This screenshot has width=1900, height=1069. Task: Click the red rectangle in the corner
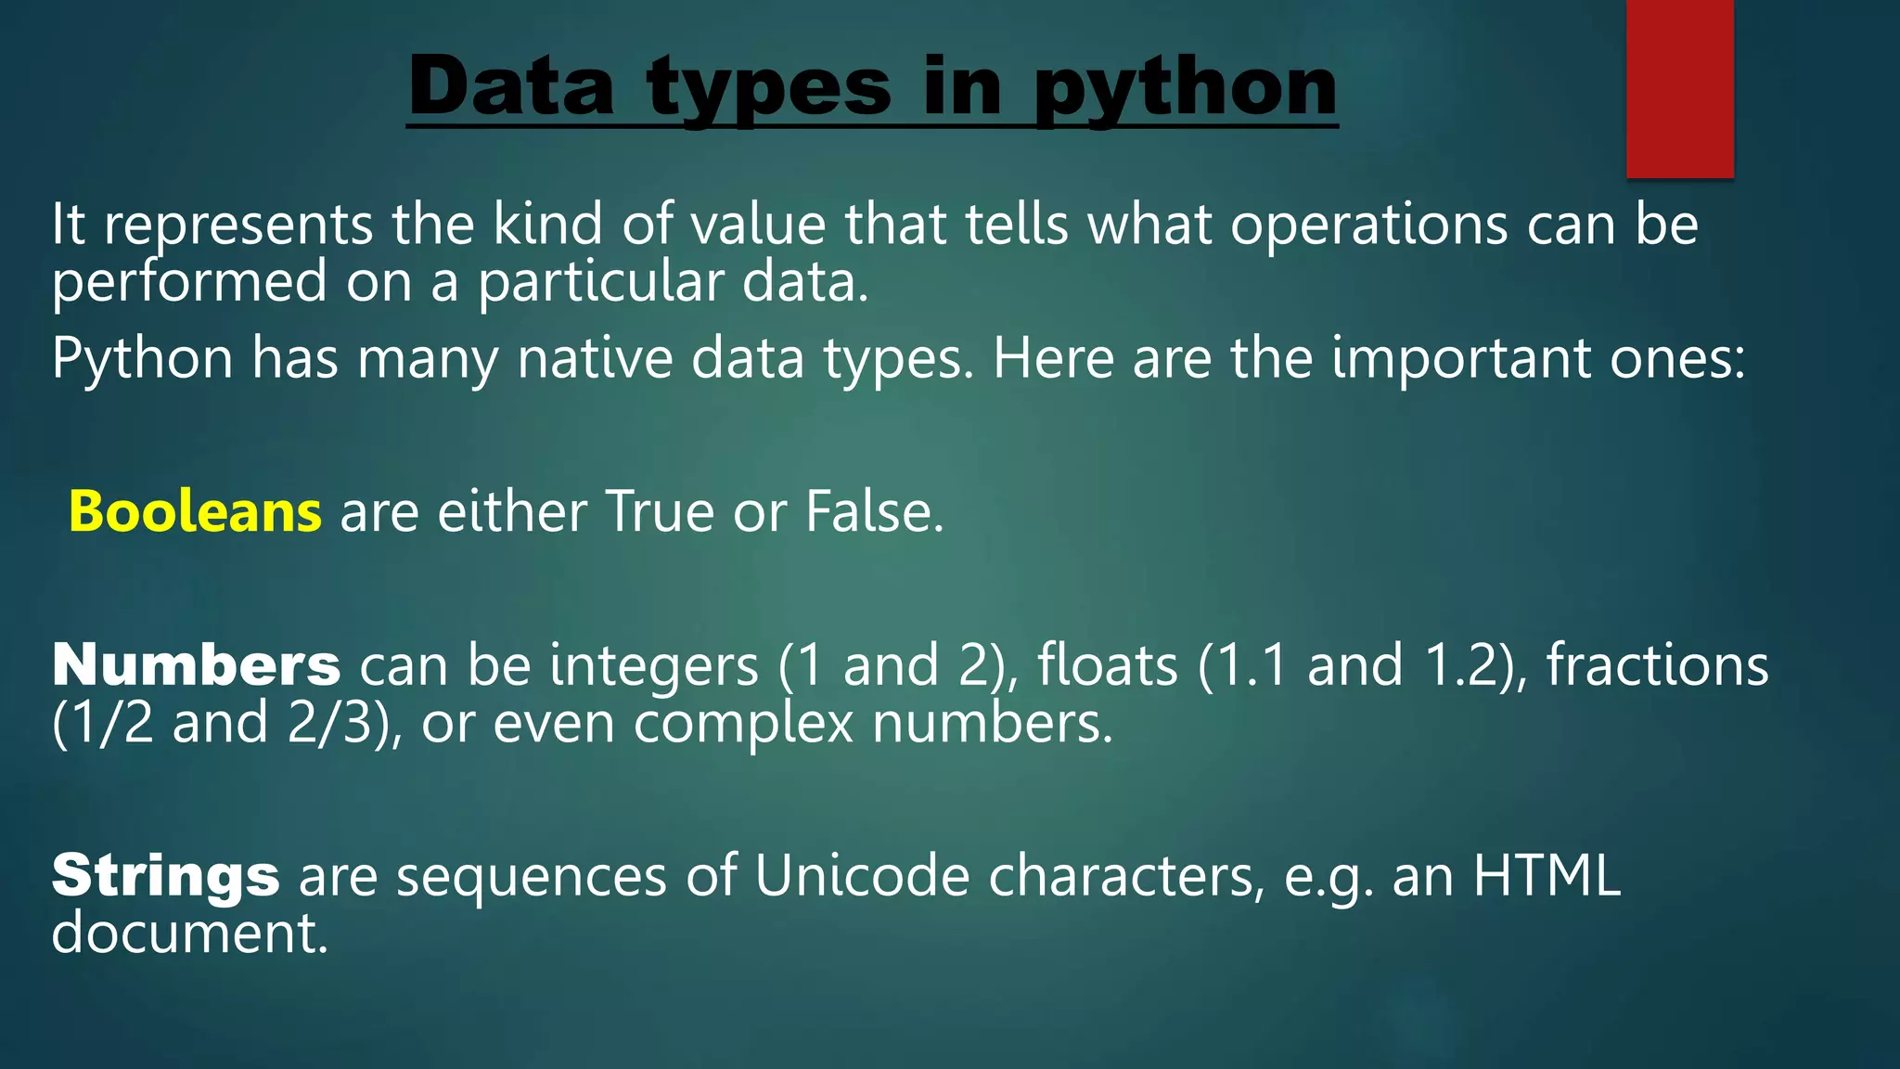point(1679,88)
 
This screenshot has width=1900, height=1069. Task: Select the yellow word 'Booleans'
point(195,511)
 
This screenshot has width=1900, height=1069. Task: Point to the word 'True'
point(660,511)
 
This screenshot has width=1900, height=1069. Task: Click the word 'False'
point(874,511)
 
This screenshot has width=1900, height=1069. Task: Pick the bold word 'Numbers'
point(197,665)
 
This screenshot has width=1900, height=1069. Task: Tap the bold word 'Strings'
point(165,875)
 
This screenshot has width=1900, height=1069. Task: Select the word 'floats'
point(1107,665)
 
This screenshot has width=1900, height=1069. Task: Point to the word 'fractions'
point(1657,665)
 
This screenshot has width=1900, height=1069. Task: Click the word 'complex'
point(743,723)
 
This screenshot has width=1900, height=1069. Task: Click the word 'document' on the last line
point(189,933)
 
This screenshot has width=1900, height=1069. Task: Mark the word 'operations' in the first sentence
point(1369,225)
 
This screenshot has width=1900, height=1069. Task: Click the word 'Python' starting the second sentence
point(142,359)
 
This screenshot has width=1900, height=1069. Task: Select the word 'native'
point(595,359)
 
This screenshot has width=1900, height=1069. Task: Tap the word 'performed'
point(189,283)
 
